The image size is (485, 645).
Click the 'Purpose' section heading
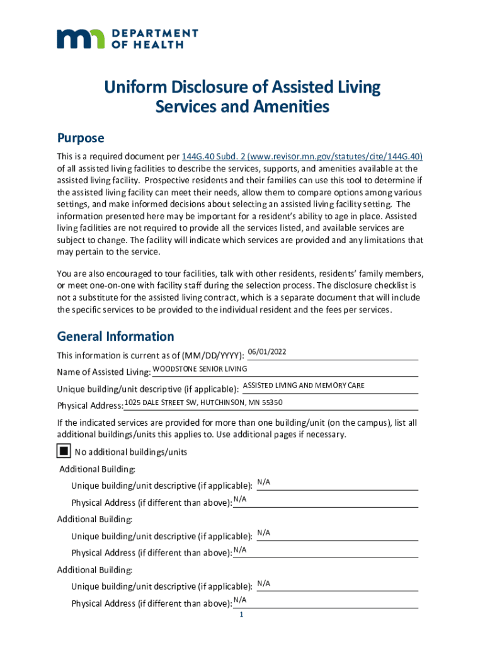(x=80, y=138)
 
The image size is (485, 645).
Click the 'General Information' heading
(x=115, y=336)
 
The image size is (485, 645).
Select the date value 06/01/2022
(x=267, y=351)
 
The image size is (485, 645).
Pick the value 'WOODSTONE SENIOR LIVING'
(x=200, y=368)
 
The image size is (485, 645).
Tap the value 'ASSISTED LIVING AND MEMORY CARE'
(x=304, y=385)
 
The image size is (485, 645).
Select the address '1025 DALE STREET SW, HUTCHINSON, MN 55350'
(x=203, y=402)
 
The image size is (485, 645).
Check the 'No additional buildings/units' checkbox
(x=63, y=451)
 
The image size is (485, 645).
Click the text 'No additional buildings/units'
(x=130, y=452)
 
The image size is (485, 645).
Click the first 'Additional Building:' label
(x=97, y=469)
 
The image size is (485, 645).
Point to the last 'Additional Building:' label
(x=95, y=570)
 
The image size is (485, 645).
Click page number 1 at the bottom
(x=241, y=615)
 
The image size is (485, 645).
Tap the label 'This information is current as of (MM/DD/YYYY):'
(x=151, y=355)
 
